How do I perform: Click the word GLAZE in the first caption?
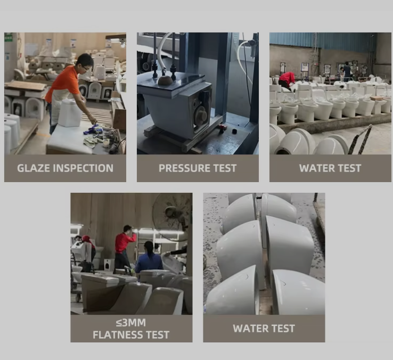(34, 168)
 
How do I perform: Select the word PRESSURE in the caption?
(184, 168)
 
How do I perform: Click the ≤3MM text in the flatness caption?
(131, 323)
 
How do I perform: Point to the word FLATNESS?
(118, 335)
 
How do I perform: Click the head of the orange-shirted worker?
(85, 62)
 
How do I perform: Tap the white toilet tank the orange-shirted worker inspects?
(70, 112)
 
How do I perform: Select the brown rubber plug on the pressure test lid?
(165, 80)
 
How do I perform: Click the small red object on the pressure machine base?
(222, 128)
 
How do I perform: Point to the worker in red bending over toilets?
(286, 80)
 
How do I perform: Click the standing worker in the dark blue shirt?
(347, 72)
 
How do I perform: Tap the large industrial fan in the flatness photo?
(173, 216)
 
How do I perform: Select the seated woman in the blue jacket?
(149, 258)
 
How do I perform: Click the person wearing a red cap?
(88, 248)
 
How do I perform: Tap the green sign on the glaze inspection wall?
(9, 38)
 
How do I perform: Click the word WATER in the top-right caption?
(314, 168)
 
